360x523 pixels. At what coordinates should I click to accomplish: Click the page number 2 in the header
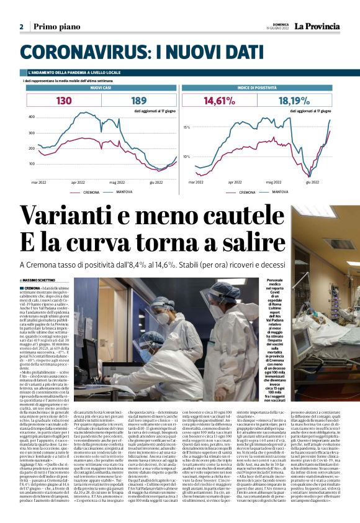tap(21, 27)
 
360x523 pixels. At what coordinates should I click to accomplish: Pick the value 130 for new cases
tap(64, 100)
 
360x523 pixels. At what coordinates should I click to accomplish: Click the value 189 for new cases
tap(138, 100)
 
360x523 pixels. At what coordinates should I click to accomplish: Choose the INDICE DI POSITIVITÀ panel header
tap(255, 88)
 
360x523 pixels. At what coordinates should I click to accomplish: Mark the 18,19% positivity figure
tap(294, 100)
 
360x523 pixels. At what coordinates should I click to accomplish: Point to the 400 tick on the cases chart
tap(31, 117)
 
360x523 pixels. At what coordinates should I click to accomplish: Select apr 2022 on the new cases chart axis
tap(78, 183)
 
